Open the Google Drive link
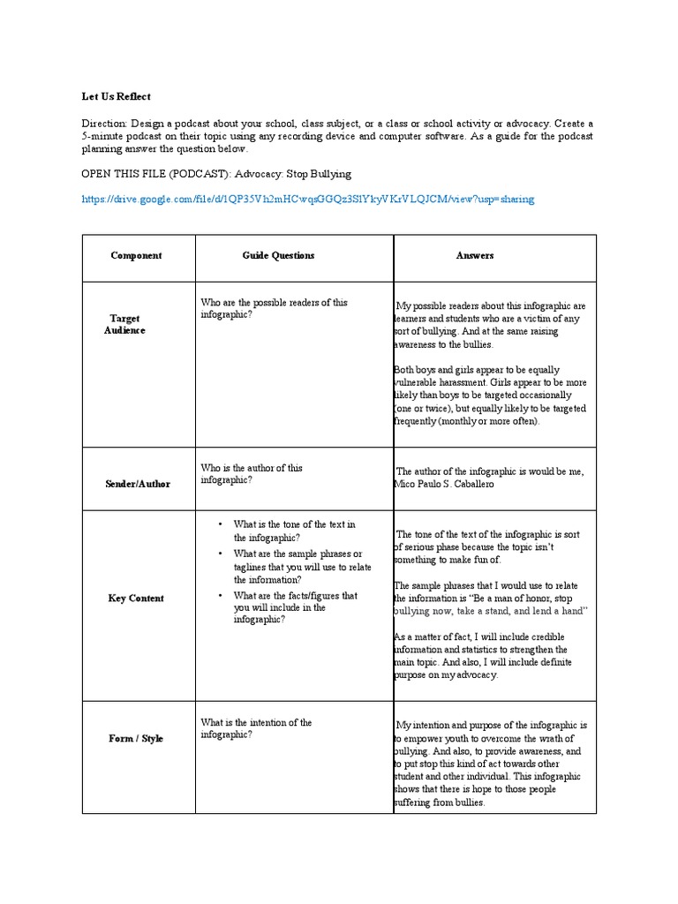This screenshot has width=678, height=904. [x=307, y=199]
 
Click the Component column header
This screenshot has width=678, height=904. [x=136, y=255]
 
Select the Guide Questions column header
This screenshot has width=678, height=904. [x=278, y=255]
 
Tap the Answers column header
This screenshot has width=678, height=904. [x=475, y=255]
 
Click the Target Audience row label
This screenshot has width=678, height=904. [x=125, y=324]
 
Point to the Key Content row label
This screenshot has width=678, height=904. [x=136, y=598]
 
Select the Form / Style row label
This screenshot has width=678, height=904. [x=136, y=738]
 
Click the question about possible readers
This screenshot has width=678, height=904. [x=274, y=308]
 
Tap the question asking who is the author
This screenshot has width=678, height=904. [x=252, y=474]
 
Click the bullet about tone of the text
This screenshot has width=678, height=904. [x=294, y=531]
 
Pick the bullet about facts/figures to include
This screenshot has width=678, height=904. [x=295, y=607]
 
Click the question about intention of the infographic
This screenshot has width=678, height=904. [x=256, y=728]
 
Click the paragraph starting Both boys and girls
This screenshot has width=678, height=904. [x=490, y=395]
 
